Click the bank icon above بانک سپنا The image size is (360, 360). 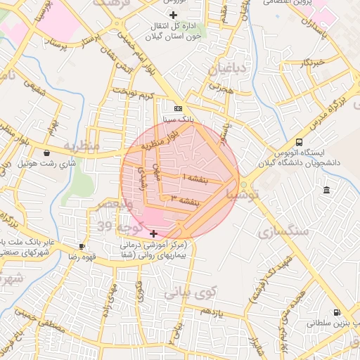tap(178, 108)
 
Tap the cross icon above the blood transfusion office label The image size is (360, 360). tap(174, 15)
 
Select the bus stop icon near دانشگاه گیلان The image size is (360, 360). tap(300, 141)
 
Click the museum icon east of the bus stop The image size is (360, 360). tap(327, 190)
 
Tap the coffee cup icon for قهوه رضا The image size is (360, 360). tap(82, 246)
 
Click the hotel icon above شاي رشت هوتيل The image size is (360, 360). tap(46, 153)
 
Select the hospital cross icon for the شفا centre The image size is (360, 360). tap(154, 233)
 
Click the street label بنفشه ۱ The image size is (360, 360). tap(195, 177)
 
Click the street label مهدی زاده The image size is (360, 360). tap(111, 295)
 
